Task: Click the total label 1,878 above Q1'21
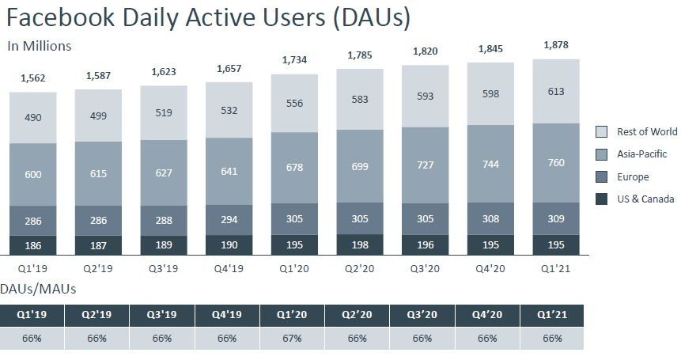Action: [556, 45]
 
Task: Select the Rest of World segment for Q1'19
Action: [33, 118]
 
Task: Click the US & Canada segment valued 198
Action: [359, 244]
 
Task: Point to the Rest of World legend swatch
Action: [601, 131]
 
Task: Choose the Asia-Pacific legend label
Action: [642, 154]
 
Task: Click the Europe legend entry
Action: [633, 177]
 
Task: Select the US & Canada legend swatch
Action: [601, 199]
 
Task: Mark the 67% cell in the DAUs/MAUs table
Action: [292, 338]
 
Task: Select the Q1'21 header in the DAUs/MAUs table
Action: [552, 314]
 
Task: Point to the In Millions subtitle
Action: [40, 46]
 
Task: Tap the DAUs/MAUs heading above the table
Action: [38, 290]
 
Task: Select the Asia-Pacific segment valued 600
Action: [33, 175]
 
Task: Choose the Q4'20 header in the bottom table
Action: [487, 314]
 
